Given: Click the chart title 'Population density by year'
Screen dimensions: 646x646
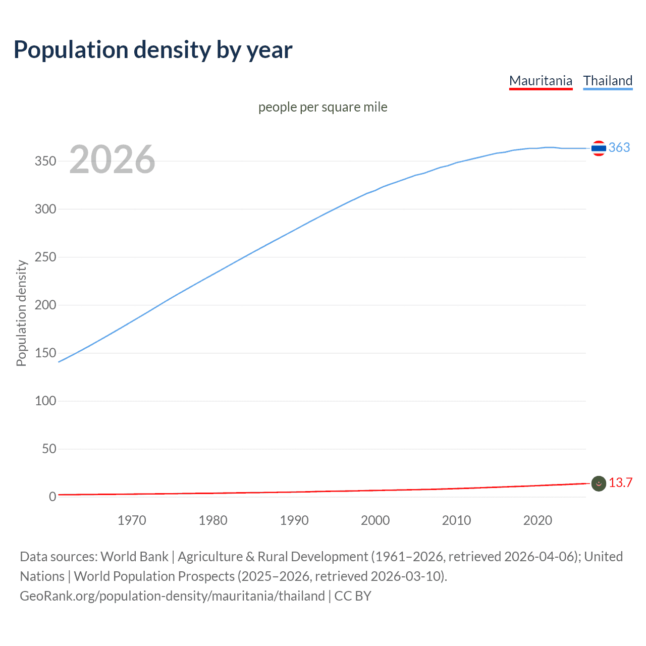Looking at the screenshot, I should pyautogui.click(x=153, y=50).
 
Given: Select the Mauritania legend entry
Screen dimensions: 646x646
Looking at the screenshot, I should pyautogui.click(x=541, y=81).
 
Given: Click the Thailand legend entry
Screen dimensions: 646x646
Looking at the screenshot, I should pyautogui.click(x=608, y=81).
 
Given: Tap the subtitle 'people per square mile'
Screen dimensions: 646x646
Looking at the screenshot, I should pyautogui.click(x=322, y=107).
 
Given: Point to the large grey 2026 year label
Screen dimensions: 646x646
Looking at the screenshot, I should pyautogui.click(x=112, y=159).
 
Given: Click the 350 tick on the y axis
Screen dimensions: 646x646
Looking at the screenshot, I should pyautogui.click(x=45, y=161).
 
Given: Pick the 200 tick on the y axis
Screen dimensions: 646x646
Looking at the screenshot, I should pyautogui.click(x=45, y=305).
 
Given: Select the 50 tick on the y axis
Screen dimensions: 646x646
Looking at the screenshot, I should pyautogui.click(x=49, y=449).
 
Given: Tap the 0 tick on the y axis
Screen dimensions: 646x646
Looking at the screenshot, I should pyautogui.click(x=52, y=497).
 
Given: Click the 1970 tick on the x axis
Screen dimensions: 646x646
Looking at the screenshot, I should pyautogui.click(x=132, y=520).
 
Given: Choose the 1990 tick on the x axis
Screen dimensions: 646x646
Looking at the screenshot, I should pyautogui.click(x=294, y=520).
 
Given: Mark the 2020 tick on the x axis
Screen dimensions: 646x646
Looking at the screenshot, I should pyautogui.click(x=537, y=520).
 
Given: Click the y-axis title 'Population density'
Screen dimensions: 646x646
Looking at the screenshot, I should pyautogui.click(x=21, y=313).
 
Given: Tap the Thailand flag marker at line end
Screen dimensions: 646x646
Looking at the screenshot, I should pyautogui.click(x=599, y=148).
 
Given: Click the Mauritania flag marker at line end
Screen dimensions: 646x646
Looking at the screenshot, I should pyautogui.click(x=599, y=483).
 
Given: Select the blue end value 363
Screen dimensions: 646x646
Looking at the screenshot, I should pyautogui.click(x=619, y=147).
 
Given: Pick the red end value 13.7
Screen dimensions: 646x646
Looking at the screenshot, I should pyautogui.click(x=620, y=483).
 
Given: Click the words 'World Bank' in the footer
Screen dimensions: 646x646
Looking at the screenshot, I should pyautogui.click(x=134, y=557).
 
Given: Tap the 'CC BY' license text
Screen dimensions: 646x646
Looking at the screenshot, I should pyautogui.click(x=353, y=596).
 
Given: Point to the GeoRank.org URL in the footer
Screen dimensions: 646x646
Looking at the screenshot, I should pyautogui.click(x=172, y=596).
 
